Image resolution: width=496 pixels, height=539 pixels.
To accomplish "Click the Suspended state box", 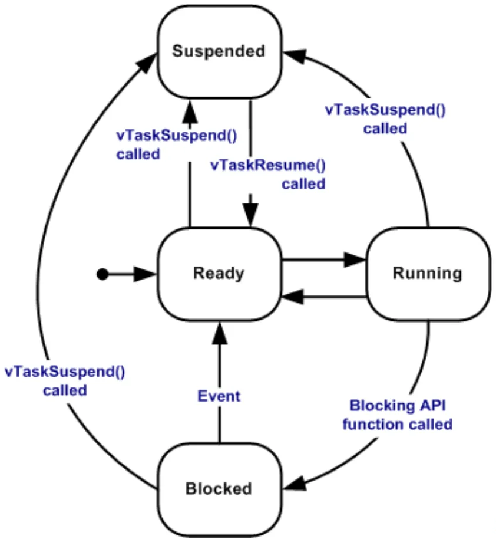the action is (x=220, y=52).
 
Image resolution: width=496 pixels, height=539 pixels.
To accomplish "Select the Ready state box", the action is (x=220, y=274).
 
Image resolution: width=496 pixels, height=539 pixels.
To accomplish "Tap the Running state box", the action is (x=428, y=274).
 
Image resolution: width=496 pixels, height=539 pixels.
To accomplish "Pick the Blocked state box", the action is (x=220, y=489).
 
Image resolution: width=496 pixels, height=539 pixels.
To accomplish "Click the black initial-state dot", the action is (x=102, y=274).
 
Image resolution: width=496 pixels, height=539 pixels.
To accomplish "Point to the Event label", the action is (x=219, y=396).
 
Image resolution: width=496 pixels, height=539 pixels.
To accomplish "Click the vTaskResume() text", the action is (x=268, y=165).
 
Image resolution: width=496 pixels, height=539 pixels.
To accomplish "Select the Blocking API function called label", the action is (x=398, y=415).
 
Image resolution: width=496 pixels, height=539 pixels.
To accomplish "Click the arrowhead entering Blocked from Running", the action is (x=294, y=484).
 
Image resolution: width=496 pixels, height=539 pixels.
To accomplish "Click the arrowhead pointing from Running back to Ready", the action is (x=293, y=296).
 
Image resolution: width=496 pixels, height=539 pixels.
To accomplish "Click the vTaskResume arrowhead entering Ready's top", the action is (x=250, y=215).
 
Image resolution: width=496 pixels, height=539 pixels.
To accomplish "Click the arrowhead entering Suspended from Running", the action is (x=295, y=56).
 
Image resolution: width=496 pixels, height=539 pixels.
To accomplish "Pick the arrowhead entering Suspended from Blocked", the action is (x=147, y=63).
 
